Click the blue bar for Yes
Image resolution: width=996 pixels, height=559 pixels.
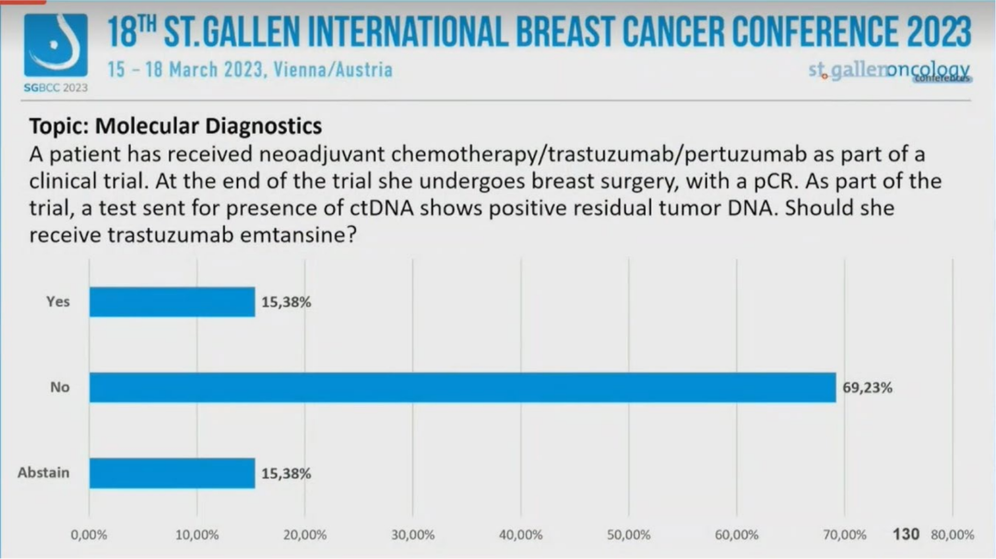click(x=172, y=302)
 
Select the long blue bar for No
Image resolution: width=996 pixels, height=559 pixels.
click(x=462, y=387)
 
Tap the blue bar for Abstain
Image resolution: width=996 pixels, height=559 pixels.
click(x=172, y=473)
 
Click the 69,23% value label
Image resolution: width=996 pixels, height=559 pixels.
click(x=867, y=388)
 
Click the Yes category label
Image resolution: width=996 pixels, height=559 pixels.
click(x=57, y=302)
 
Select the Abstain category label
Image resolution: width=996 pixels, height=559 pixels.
click(x=43, y=473)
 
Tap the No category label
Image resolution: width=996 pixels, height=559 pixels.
click(x=60, y=387)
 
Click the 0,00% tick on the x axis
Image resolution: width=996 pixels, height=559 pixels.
click(x=89, y=535)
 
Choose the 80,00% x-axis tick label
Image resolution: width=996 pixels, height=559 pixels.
click(x=952, y=535)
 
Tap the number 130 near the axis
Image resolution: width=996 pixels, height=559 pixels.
click(x=906, y=534)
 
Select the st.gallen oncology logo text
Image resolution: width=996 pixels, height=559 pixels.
click(x=888, y=71)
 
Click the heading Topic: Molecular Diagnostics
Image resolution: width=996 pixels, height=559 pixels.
click(x=175, y=125)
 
